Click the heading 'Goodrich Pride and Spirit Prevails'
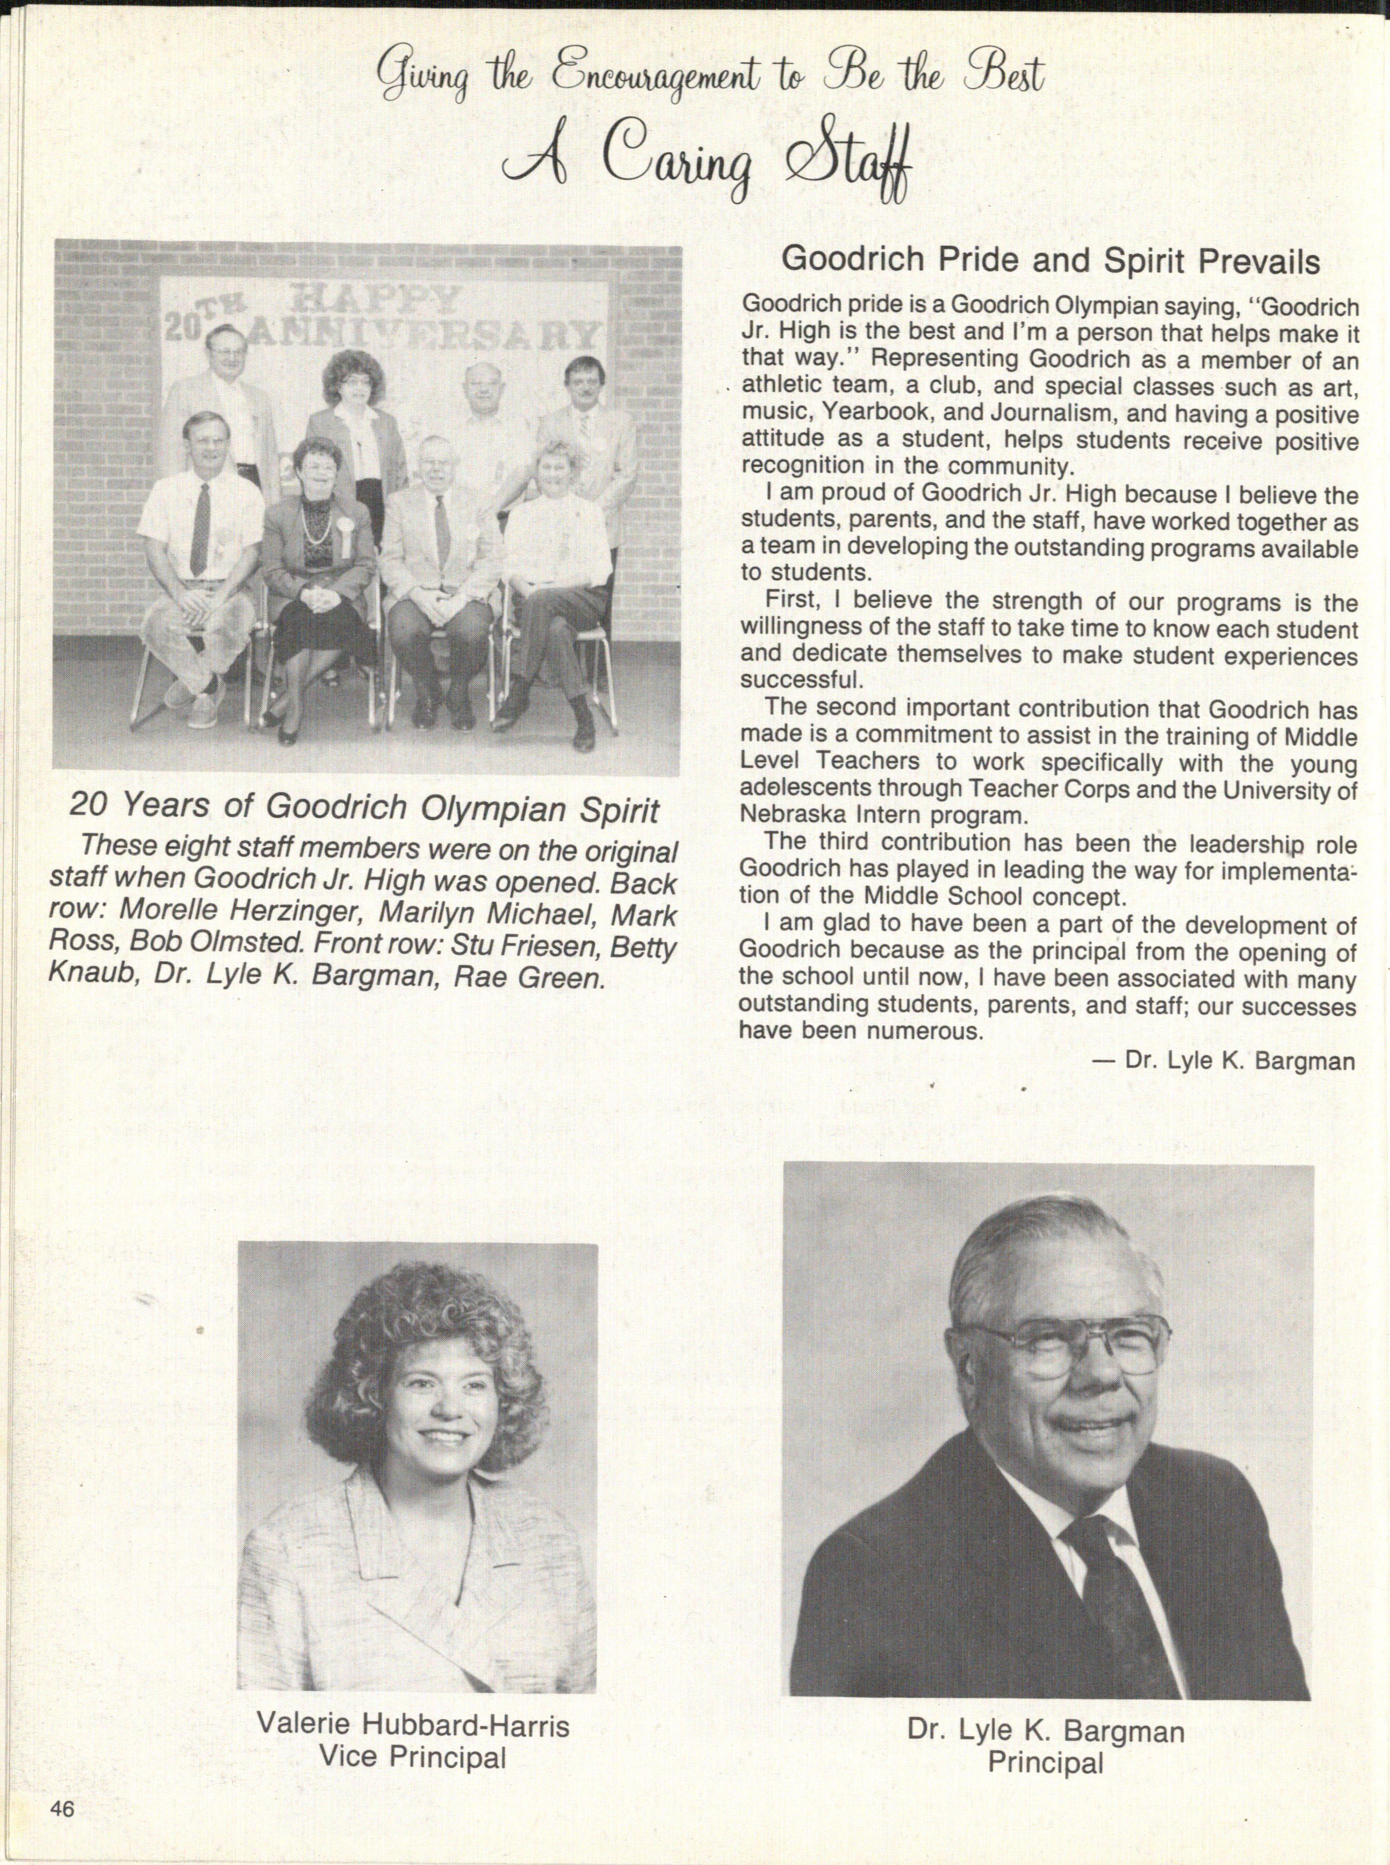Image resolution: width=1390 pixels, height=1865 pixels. (1050, 261)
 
